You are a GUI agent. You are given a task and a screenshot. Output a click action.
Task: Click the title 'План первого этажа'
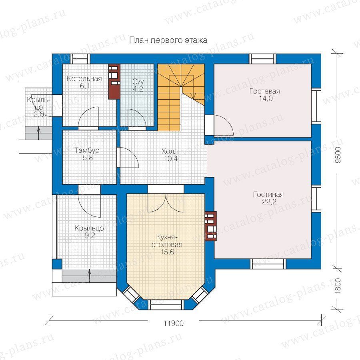point(168,40)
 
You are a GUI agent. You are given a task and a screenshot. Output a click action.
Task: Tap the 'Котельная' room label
point(84,79)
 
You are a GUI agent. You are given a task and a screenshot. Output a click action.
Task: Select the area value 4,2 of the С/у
point(138,89)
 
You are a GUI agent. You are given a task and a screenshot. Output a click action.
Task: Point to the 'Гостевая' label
point(265,91)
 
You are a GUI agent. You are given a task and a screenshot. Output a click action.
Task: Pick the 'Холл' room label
point(170,151)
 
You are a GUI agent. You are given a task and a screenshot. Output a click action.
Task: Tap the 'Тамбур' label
point(87,150)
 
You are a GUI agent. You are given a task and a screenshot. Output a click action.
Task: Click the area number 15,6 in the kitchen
point(167,252)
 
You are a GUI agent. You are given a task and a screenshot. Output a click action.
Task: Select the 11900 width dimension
point(174,323)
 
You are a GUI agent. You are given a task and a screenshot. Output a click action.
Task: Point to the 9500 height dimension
point(338,155)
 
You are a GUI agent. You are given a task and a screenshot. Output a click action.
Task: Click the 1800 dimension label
point(338,286)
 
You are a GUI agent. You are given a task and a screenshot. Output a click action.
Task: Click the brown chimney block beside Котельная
point(114,82)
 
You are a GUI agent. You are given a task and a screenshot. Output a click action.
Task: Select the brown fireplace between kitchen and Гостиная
point(211,226)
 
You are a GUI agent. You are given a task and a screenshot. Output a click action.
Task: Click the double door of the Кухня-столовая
point(166,203)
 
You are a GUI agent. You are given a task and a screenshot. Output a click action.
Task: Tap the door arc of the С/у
point(136,118)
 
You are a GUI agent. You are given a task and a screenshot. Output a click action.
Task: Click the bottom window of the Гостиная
point(268,264)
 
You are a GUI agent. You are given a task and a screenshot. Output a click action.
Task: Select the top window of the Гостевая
point(263,59)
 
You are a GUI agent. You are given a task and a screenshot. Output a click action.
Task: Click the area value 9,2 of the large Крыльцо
point(90,236)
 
